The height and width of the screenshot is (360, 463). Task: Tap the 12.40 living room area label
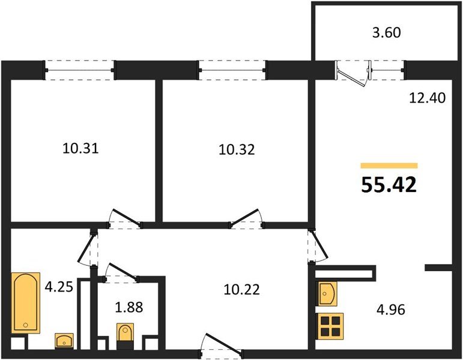[x=428, y=97]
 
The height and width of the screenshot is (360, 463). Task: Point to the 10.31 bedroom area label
[x=80, y=148]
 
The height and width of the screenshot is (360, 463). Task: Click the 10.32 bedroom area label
[x=236, y=149]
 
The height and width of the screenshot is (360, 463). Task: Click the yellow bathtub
[x=26, y=302]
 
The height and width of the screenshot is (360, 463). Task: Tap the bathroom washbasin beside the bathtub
[x=64, y=341]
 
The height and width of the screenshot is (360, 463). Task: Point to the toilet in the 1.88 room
[x=126, y=333]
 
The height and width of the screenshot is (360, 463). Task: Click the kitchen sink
[x=326, y=293]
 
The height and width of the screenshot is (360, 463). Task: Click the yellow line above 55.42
[x=389, y=165]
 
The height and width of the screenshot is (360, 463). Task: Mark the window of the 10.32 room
[x=232, y=70]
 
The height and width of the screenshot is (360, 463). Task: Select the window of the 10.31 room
[x=80, y=70]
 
